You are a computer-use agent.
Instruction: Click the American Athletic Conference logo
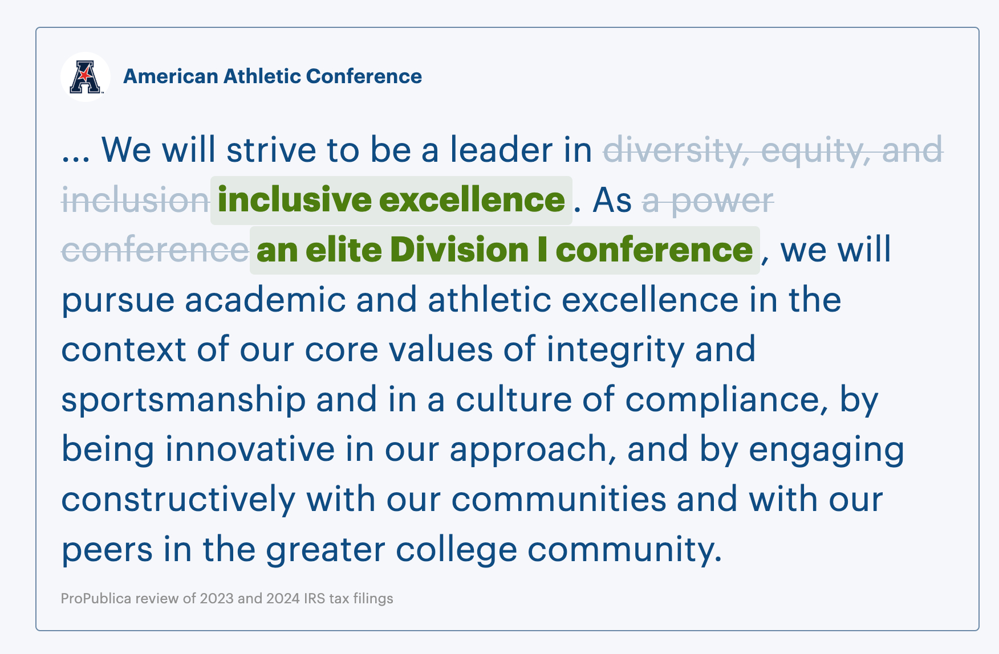pos(86,77)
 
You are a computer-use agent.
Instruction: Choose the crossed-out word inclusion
pos(136,200)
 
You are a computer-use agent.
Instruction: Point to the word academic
pos(265,300)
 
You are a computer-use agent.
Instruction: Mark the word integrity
pos(615,350)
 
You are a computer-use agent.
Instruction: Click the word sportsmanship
pos(184,400)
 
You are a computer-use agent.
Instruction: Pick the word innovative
pos(250,449)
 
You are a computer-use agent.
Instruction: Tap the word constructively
pos(178,500)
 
